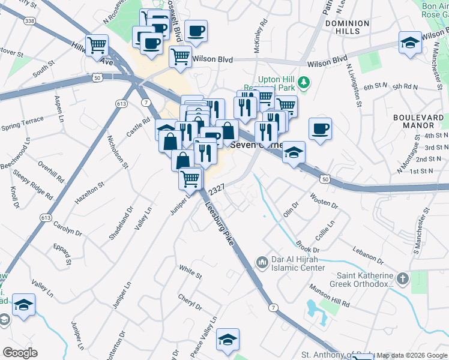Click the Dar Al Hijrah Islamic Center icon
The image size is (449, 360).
pos(262,262)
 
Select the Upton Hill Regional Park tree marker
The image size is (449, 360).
pos(304,81)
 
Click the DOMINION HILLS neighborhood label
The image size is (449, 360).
pos(347,27)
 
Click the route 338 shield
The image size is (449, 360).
pos(30,20)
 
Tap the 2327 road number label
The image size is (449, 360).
pos(217,188)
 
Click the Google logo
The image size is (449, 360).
pos(20,353)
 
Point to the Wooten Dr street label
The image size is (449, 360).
pos(324,199)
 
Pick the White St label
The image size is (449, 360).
pos(190,271)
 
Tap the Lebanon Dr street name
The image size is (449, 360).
pos(367,255)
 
